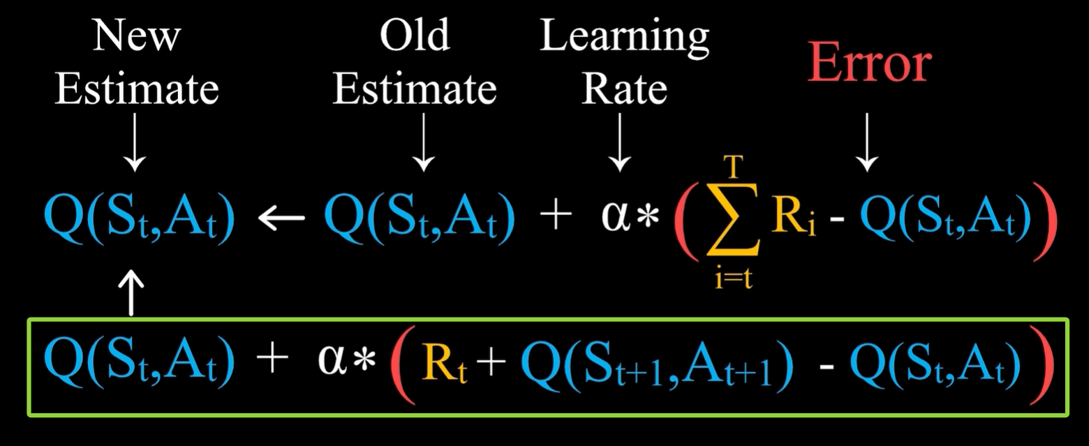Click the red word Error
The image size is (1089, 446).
click(869, 64)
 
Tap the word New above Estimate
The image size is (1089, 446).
click(136, 36)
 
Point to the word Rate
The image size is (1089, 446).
click(624, 89)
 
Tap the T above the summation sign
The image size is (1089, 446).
click(733, 168)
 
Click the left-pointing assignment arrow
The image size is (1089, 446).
click(281, 218)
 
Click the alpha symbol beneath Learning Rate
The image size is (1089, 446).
click(614, 218)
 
